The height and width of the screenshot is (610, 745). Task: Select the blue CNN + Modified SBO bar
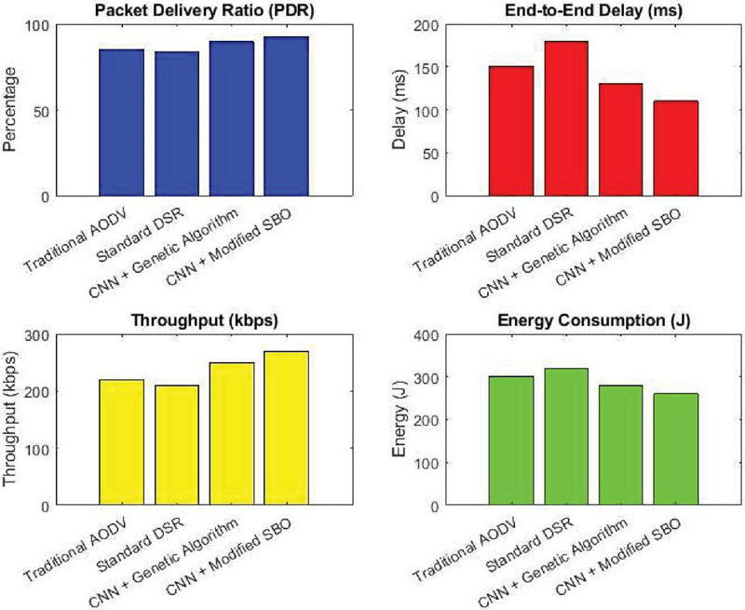coord(286,116)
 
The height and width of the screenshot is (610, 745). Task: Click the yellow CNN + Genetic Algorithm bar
coord(231,434)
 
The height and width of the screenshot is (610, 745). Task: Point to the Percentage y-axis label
coord(13,110)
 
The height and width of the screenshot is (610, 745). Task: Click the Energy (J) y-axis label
coord(400,420)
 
